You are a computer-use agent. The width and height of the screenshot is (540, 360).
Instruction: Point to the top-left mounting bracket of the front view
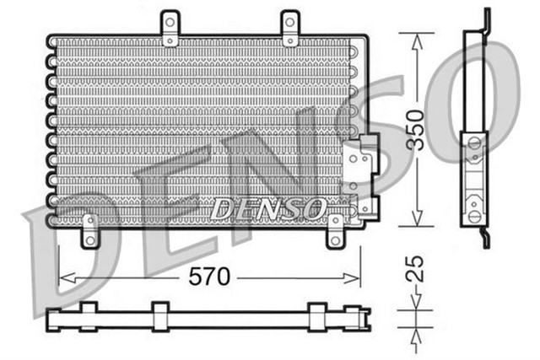coord(171,27)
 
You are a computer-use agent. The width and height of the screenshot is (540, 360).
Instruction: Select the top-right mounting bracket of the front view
coord(290,27)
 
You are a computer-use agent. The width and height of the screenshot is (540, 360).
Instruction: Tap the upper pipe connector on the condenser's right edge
coord(365,156)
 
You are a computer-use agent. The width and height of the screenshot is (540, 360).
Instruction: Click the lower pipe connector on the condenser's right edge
coord(365,202)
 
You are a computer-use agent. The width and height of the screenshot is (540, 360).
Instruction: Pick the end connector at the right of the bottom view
coord(364,319)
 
